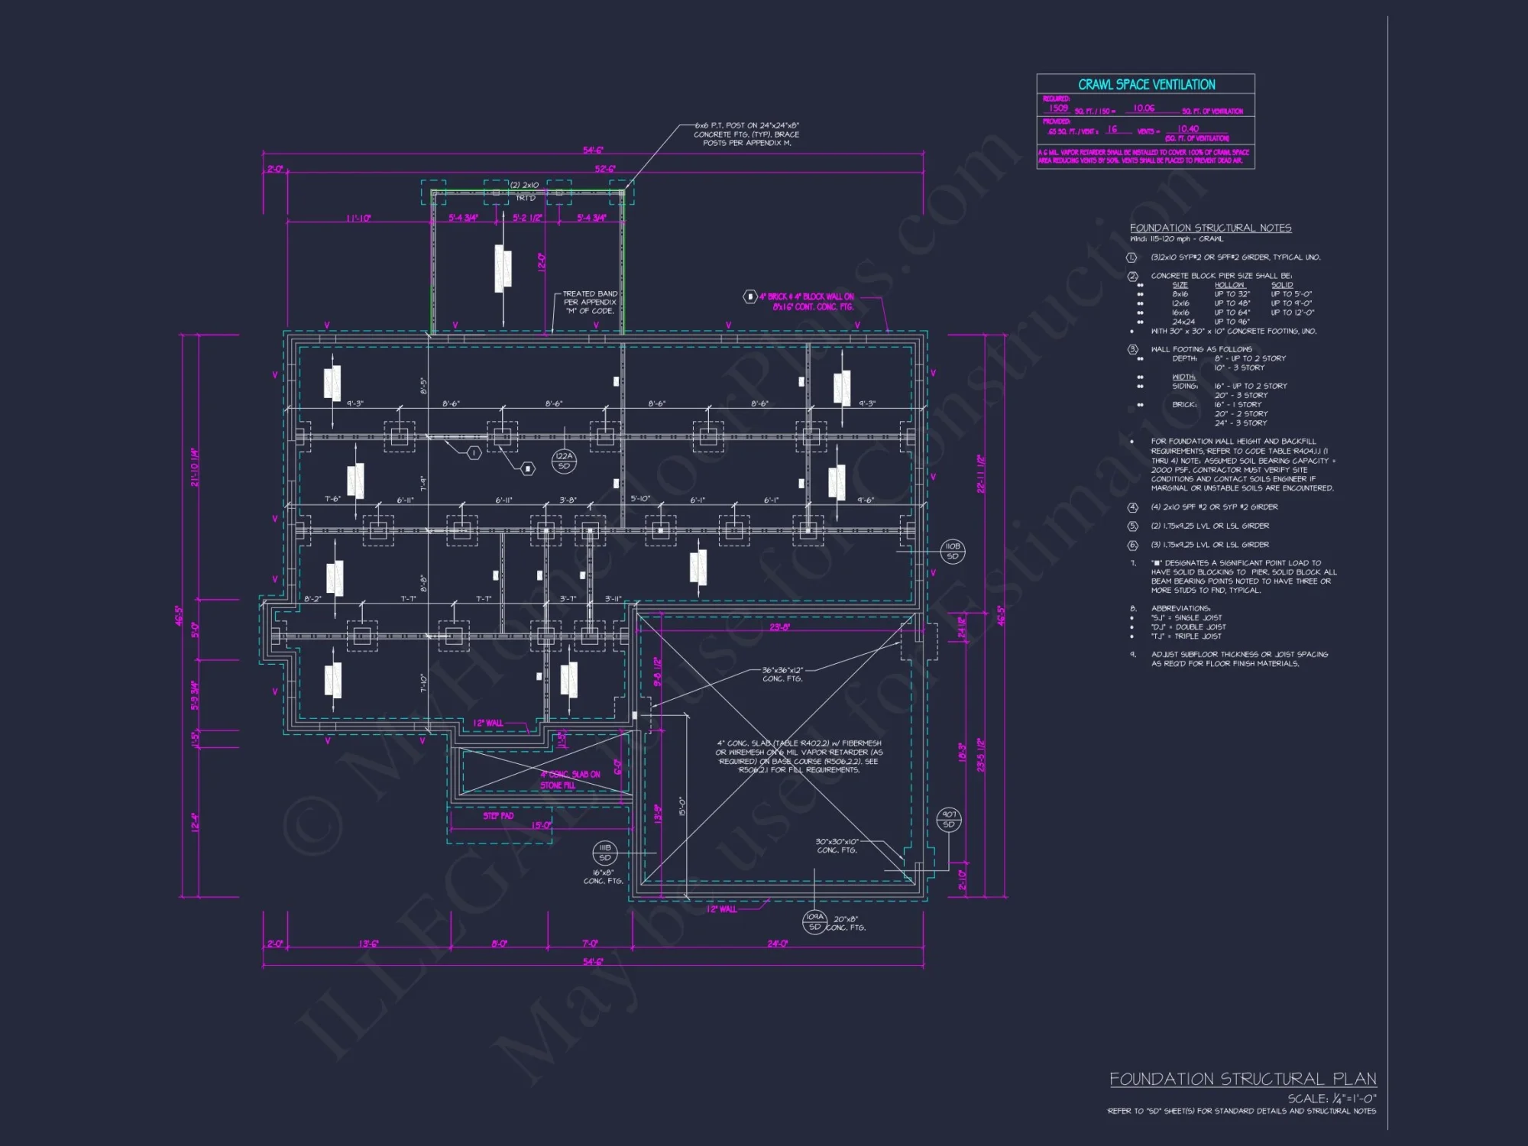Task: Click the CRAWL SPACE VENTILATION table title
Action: (x=1146, y=85)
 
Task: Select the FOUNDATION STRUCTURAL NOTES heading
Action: (x=1210, y=228)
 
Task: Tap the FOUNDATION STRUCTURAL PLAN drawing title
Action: (x=1242, y=1079)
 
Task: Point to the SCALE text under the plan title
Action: (x=1332, y=1098)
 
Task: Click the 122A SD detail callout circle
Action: (x=564, y=461)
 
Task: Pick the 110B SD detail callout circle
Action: (x=952, y=551)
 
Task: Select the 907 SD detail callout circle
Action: (x=949, y=819)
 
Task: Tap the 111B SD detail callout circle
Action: (x=604, y=853)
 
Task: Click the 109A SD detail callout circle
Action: (x=814, y=921)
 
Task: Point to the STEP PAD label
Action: (x=498, y=816)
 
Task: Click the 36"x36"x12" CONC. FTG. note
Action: (x=782, y=674)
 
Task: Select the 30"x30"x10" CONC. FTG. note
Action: (x=837, y=845)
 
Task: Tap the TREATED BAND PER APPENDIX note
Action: (x=590, y=302)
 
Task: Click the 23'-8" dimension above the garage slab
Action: (x=779, y=627)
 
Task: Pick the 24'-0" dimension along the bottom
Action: (x=777, y=944)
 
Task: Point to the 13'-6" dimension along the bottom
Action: (x=368, y=944)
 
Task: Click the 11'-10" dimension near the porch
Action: (x=358, y=219)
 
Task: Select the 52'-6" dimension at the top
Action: (x=605, y=169)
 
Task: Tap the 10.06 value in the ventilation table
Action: (x=1144, y=108)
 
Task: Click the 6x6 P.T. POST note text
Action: (x=746, y=134)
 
